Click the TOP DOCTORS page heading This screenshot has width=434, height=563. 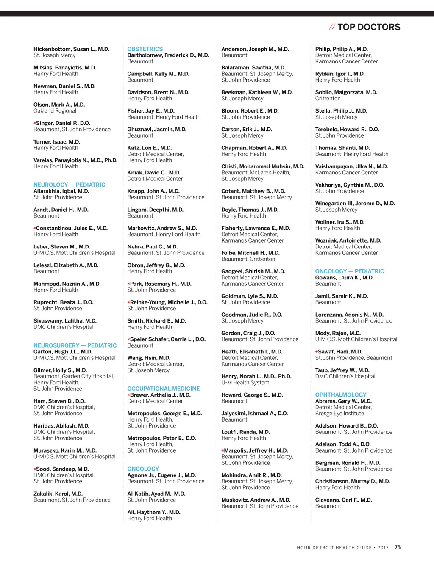[369, 27]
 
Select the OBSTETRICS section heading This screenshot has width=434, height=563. [145, 49]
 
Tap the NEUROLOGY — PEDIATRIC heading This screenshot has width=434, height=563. [70, 185]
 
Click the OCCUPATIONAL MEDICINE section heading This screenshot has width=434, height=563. [164, 389]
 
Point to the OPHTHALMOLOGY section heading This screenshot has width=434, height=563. [341, 395]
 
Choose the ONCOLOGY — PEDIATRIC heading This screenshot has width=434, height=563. [350, 271]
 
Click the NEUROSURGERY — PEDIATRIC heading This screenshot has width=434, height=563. [75, 345]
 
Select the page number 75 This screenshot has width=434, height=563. [398, 547]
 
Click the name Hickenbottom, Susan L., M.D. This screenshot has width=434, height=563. [71, 49]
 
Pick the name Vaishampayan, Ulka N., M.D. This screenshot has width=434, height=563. [351, 166]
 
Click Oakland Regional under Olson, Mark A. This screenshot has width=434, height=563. [55, 111]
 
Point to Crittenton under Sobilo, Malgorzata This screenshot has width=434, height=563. [328, 99]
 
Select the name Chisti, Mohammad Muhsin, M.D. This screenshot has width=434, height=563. [263, 166]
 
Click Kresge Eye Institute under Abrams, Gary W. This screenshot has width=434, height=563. [339, 414]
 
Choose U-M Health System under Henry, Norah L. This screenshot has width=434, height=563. [245, 383]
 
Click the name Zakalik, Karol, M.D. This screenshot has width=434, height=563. [58, 494]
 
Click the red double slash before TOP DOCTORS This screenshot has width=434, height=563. [332, 27]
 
